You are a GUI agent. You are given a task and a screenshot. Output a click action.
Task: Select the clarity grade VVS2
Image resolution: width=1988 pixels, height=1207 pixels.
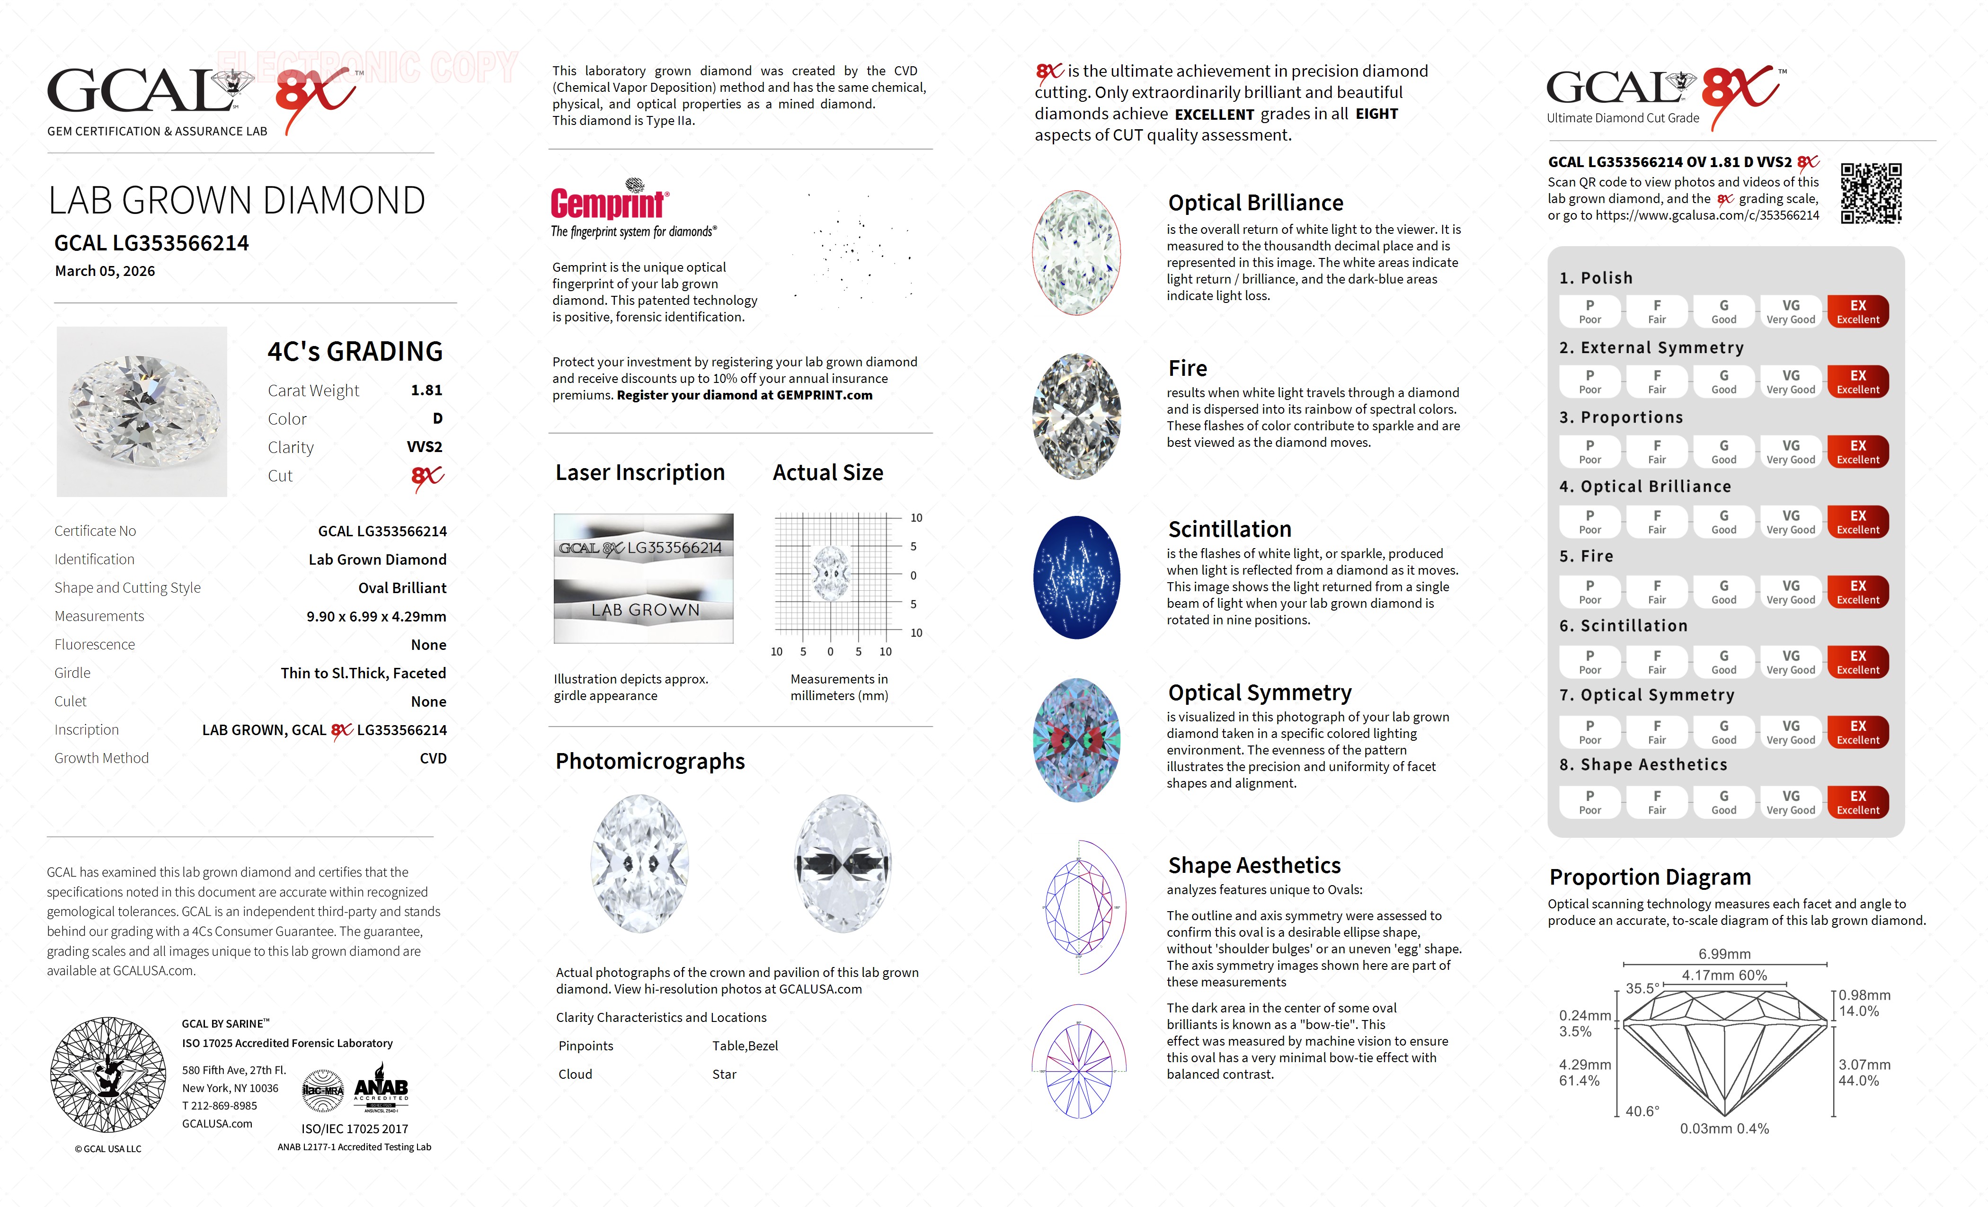tap(425, 447)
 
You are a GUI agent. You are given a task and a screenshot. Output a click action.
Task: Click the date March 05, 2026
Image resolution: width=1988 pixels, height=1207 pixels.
tap(105, 271)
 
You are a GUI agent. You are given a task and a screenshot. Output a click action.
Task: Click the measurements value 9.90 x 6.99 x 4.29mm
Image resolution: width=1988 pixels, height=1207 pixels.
tap(376, 616)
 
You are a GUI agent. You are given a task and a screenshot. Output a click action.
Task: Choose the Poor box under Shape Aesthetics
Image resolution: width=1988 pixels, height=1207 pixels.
tap(1589, 802)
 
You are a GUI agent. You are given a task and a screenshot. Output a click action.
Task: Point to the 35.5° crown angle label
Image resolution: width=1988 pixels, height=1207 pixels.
tap(1642, 988)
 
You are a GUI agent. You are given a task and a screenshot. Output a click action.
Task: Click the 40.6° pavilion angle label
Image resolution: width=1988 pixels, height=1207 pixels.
tap(1642, 1111)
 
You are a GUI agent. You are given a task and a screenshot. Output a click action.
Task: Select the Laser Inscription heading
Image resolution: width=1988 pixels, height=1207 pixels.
tap(640, 473)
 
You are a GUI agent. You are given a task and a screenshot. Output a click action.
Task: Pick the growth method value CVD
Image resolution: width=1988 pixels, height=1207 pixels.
tap(433, 758)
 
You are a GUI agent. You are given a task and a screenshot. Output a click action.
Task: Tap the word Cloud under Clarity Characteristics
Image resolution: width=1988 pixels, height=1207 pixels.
tap(575, 1074)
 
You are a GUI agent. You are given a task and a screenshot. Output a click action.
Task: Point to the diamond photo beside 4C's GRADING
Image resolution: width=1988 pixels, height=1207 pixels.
tap(142, 411)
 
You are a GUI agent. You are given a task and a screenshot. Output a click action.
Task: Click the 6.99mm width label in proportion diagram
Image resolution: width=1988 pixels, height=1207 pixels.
tap(1724, 954)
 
